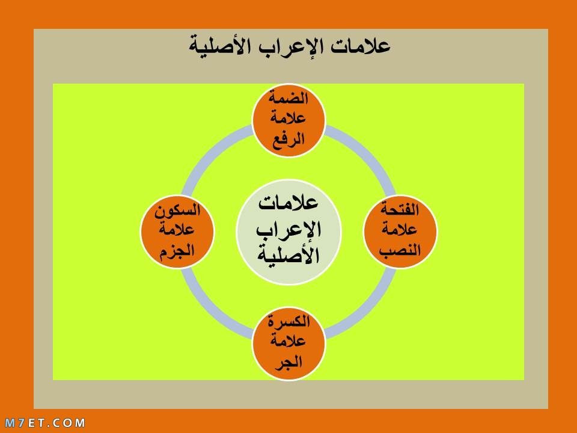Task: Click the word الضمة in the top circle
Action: pyautogui.click(x=288, y=98)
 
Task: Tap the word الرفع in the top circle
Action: pyautogui.click(x=288, y=140)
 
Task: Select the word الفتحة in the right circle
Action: pyautogui.click(x=400, y=209)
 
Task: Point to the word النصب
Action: pyautogui.click(x=400, y=250)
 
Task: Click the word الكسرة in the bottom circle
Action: pyautogui.click(x=289, y=321)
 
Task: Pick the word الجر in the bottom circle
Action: pyautogui.click(x=289, y=361)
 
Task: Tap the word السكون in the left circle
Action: pyautogui.click(x=177, y=210)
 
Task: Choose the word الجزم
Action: pyautogui.click(x=177, y=251)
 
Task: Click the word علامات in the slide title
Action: pyautogui.click(x=360, y=46)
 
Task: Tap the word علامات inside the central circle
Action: pyautogui.click(x=288, y=203)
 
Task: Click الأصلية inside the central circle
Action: pyautogui.click(x=288, y=254)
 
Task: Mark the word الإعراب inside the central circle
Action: pyautogui.click(x=288, y=229)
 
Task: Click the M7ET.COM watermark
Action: pyautogui.click(x=45, y=422)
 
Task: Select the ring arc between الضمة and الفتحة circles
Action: pyautogui.click(x=368, y=153)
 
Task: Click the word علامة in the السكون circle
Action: pyautogui.click(x=177, y=230)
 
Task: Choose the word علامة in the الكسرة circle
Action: pyautogui.click(x=288, y=340)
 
